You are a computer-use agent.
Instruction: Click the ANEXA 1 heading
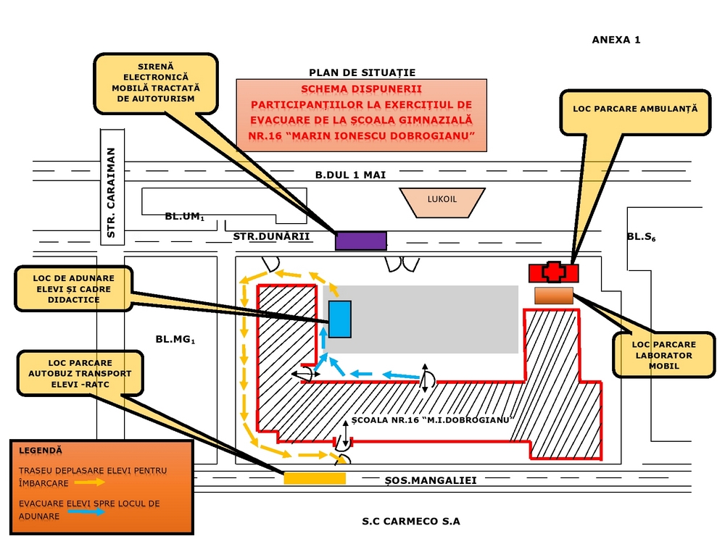[616, 40]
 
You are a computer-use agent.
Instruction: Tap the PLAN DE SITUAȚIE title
[362, 72]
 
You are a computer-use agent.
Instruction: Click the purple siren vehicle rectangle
[360, 241]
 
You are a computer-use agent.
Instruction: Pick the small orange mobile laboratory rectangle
[554, 296]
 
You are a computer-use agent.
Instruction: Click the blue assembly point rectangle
[339, 319]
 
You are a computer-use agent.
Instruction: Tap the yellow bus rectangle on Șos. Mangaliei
[314, 478]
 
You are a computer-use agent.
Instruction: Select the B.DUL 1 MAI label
[350, 175]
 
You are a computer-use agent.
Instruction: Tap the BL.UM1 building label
[184, 217]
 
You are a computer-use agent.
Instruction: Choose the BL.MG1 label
[175, 338]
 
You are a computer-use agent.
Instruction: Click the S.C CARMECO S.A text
[411, 521]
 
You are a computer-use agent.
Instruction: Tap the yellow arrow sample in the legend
[92, 482]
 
